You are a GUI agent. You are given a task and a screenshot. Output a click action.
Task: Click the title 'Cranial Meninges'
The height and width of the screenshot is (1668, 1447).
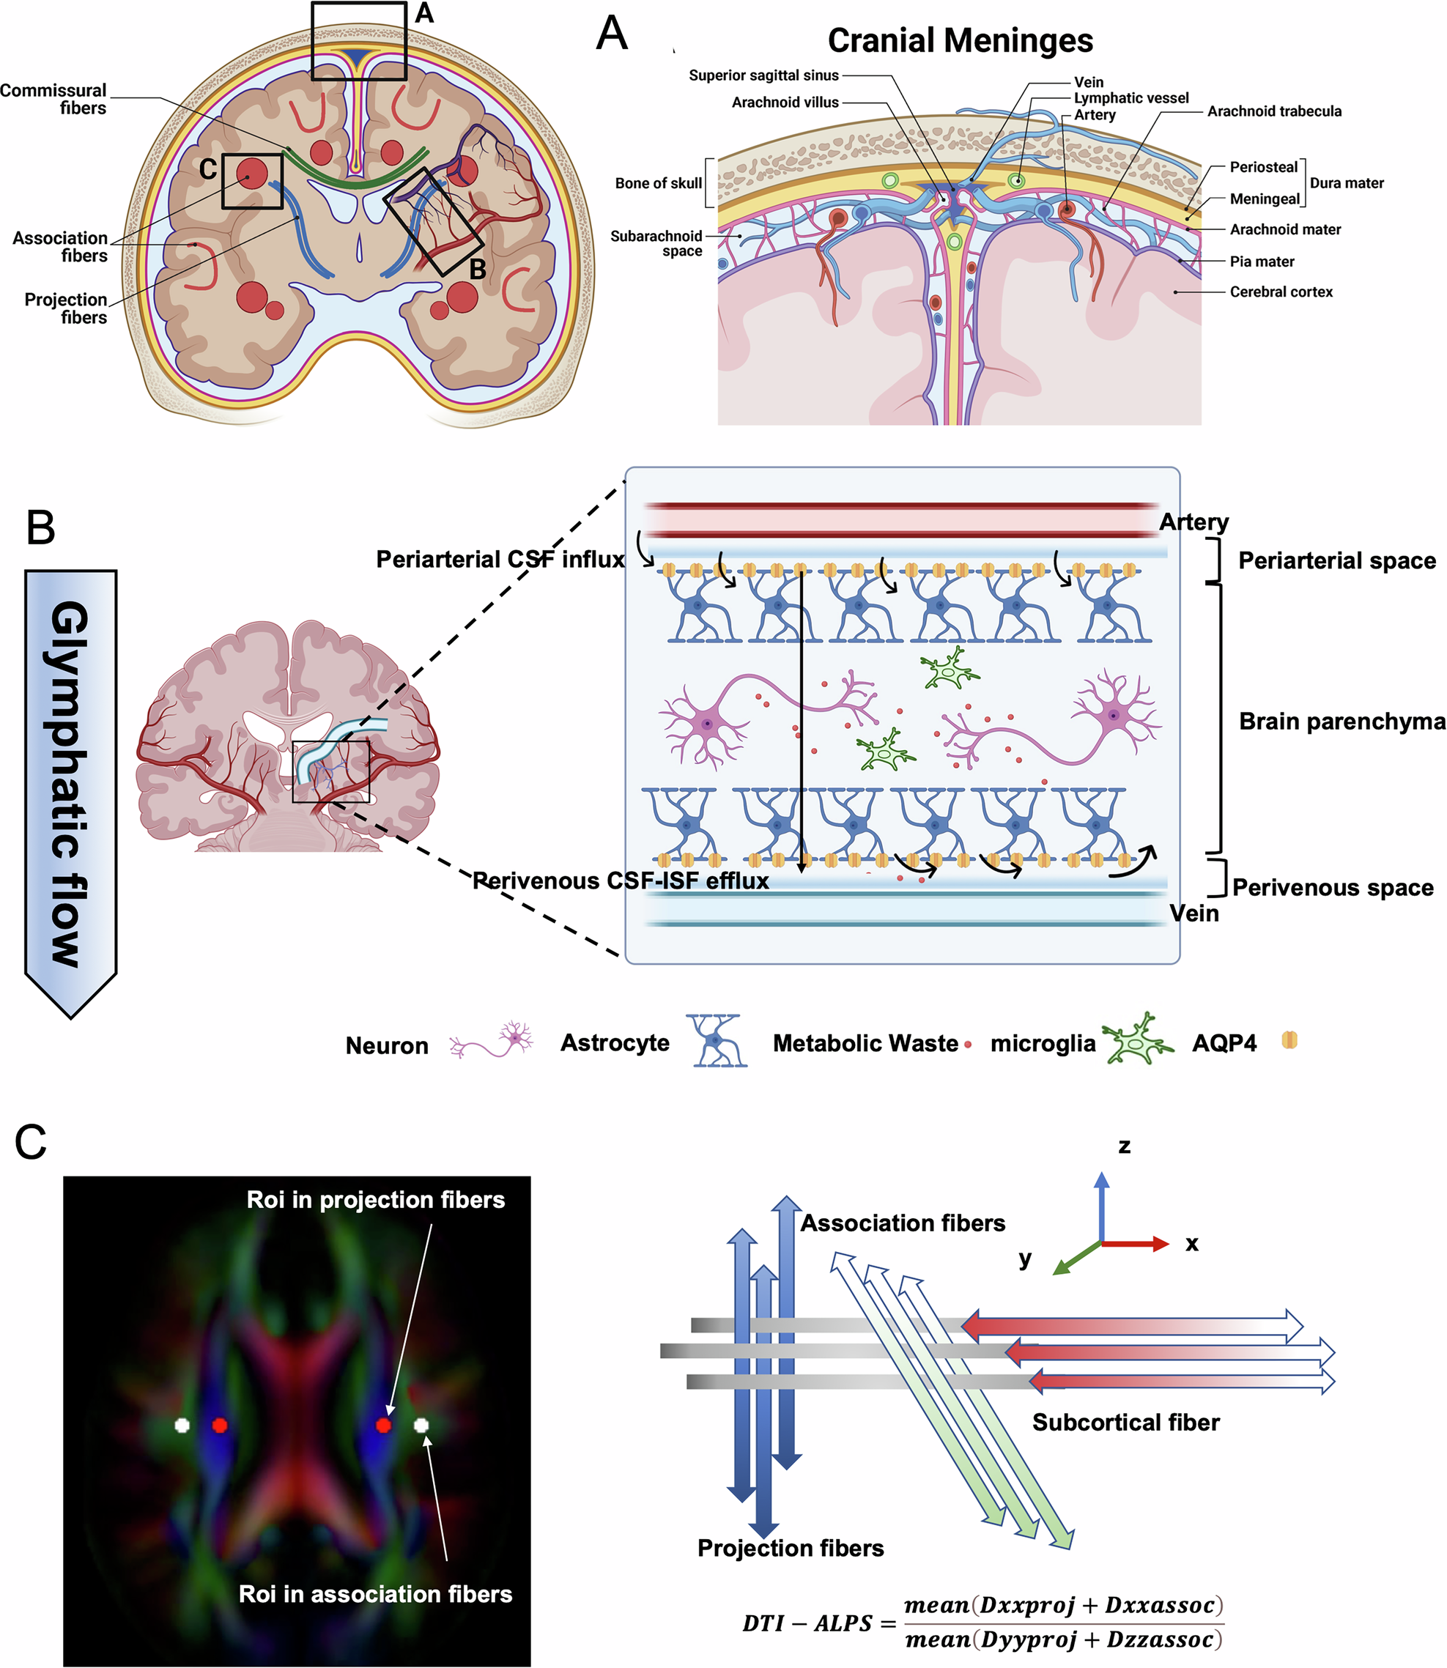(x=959, y=40)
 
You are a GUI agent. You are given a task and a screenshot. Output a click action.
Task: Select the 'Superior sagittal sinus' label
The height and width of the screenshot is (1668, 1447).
(x=763, y=75)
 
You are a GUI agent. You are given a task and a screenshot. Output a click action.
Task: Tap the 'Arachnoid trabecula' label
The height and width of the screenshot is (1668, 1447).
(x=1273, y=111)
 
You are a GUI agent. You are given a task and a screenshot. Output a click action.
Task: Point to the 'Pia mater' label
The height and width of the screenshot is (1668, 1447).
(x=1262, y=262)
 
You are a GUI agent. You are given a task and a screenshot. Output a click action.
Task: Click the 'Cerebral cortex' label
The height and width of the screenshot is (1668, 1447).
(x=1281, y=292)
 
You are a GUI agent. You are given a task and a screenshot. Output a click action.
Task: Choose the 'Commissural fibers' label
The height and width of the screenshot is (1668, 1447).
(x=55, y=100)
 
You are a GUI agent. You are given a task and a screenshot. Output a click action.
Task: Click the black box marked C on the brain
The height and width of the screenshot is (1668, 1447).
(x=252, y=181)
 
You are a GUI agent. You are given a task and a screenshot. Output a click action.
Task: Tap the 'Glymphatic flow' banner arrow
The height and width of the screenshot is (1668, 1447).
(x=70, y=783)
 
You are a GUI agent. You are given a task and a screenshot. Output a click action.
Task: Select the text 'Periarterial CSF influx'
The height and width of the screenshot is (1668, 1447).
(x=500, y=560)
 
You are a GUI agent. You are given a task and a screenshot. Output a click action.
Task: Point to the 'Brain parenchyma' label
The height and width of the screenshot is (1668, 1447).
(x=1341, y=722)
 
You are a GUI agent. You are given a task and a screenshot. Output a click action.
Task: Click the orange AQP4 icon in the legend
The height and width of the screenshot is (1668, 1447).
(x=1289, y=1041)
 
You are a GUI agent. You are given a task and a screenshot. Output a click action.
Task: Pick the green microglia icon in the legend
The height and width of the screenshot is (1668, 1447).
(x=1137, y=1042)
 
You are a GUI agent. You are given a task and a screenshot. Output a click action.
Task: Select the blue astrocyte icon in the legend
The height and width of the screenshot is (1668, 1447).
(x=717, y=1042)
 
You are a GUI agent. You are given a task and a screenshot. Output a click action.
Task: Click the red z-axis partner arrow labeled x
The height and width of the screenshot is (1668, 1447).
(x=1134, y=1244)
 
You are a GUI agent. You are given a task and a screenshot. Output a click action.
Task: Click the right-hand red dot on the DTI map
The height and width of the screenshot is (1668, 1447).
(x=384, y=1426)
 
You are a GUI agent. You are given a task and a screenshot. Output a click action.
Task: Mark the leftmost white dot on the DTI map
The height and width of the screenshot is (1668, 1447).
(x=182, y=1426)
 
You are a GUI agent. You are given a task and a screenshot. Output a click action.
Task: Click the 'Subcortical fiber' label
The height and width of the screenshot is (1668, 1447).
(x=1125, y=1423)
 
